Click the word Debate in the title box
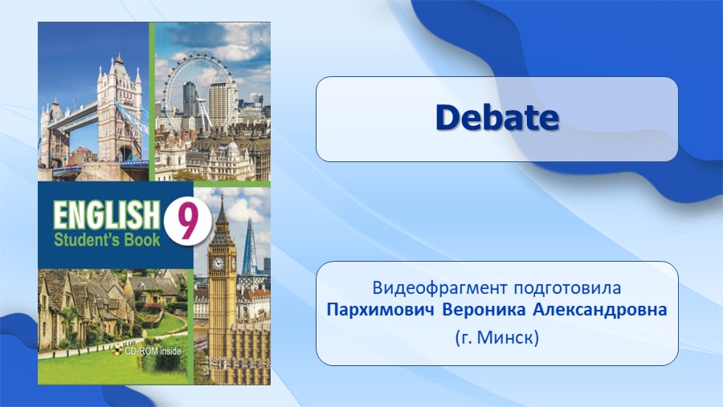497,117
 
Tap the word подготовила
567,289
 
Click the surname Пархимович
381,310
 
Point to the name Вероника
484,310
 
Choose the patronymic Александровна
600,310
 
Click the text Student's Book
107,240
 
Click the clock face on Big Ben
218,263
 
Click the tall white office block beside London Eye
223,104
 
